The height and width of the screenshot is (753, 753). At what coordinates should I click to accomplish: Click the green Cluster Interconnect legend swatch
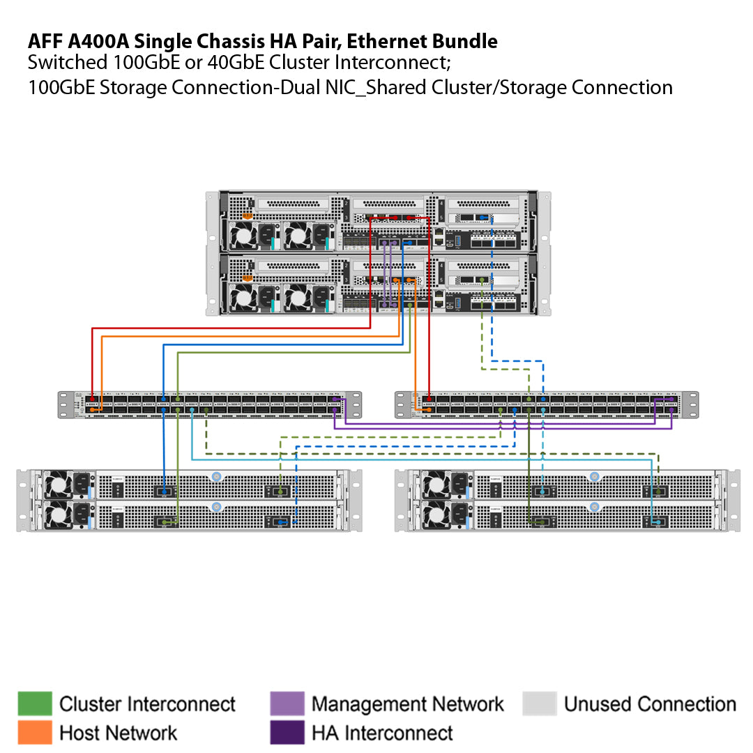pyautogui.click(x=35, y=703)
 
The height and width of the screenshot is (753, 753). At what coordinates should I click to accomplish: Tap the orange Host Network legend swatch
pyautogui.click(x=35, y=732)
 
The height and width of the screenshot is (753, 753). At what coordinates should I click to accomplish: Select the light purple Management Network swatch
pyautogui.click(x=287, y=703)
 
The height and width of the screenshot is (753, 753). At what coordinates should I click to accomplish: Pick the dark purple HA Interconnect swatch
pyautogui.click(x=287, y=732)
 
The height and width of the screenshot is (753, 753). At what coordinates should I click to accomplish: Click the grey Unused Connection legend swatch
pyautogui.click(x=540, y=703)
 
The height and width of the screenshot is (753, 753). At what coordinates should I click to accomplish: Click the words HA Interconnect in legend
pyautogui.click(x=382, y=733)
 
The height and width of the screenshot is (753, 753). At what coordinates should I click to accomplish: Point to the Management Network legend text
pyautogui.click(x=407, y=704)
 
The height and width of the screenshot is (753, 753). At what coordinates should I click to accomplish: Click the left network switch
pyautogui.click(x=209, y=404)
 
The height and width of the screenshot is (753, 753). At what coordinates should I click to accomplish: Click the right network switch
pyautogui.click(x=547, y=404)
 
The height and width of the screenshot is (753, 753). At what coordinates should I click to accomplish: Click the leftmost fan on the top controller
pyautogui.click(x=245, y=237)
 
